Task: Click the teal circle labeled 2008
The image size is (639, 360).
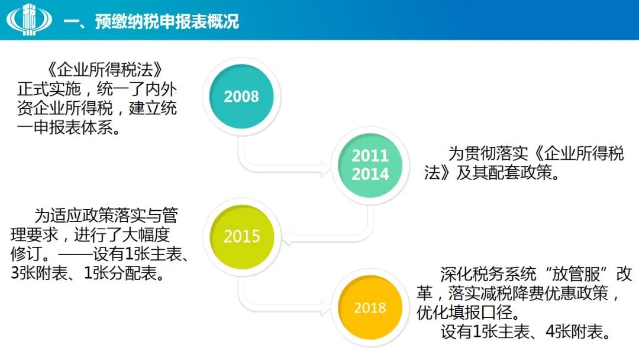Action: click(241, 97)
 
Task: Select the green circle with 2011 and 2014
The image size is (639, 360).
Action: click(370, 165)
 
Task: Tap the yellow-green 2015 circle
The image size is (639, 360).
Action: click(241, 236)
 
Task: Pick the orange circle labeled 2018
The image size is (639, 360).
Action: click(370, 307)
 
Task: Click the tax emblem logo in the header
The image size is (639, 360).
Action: click(29, 19)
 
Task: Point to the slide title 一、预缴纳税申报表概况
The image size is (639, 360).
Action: click(151, 21)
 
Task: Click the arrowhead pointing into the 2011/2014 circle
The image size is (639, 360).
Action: click(326, 169)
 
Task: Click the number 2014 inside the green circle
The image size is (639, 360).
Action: click(370, 174)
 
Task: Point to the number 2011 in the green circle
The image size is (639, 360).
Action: click(370, 155)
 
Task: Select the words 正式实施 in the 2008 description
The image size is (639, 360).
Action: click(49, 89)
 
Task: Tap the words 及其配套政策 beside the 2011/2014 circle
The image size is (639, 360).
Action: click(504, 172)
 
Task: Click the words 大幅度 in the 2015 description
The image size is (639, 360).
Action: click(146, 234)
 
